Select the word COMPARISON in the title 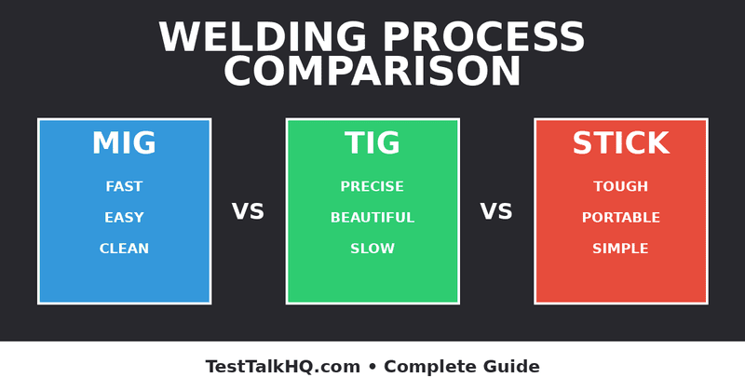(372, 73)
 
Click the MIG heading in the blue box (124, 144)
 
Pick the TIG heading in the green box (372, 144)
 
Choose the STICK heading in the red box (620, 144)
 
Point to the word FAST (124, 187)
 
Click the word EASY (124, 218)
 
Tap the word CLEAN (124, 249)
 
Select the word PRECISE (372, 187)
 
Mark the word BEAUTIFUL (372, 218)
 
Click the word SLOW (372, 249)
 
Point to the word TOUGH (620, 187)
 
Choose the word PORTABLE (620, 218)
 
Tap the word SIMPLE (620, 249)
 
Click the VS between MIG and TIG (248, 212)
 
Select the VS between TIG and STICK (496, 212)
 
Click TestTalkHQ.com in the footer (283, 367)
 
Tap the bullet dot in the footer (372, 367)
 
